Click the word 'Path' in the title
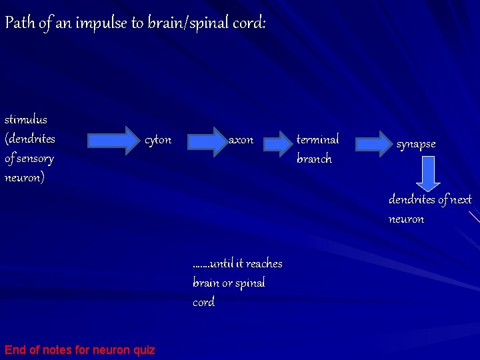(x=18, y=23)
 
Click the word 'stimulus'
(x=26, y=120)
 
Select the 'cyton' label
(x=158, y=140)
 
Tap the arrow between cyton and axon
(x=208, y=139)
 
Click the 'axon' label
(x=241, y=140)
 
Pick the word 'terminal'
(x=317, y=139)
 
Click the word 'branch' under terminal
(x=314, y=159)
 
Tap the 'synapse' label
(x=416, y=144)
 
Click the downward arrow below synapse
(x=429, y=174)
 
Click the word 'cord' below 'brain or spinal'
(x=203, y=302)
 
